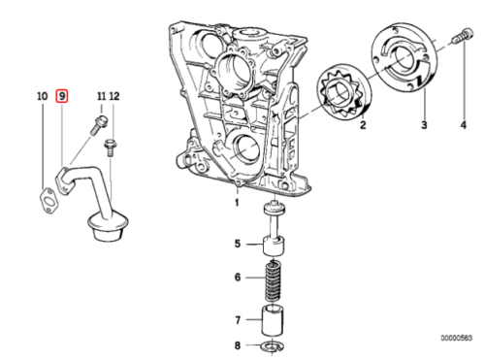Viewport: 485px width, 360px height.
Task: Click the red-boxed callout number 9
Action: (x=62, y=96)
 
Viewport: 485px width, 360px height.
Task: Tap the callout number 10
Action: (x=42, y=96)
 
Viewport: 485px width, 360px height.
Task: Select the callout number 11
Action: (x=102, y=96)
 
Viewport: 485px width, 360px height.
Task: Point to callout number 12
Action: (x=114, y=96)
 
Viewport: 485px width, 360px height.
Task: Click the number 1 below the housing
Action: (x=237, y=203)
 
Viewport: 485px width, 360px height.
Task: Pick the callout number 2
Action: (x=363, y=125)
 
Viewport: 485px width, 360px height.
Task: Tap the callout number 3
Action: (x=424, y=125)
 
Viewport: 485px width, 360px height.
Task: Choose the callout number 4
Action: (x=464, y=125)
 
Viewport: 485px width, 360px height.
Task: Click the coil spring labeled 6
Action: (x=274, y=280)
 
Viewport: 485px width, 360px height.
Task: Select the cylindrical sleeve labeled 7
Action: (x=274, y=320)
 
